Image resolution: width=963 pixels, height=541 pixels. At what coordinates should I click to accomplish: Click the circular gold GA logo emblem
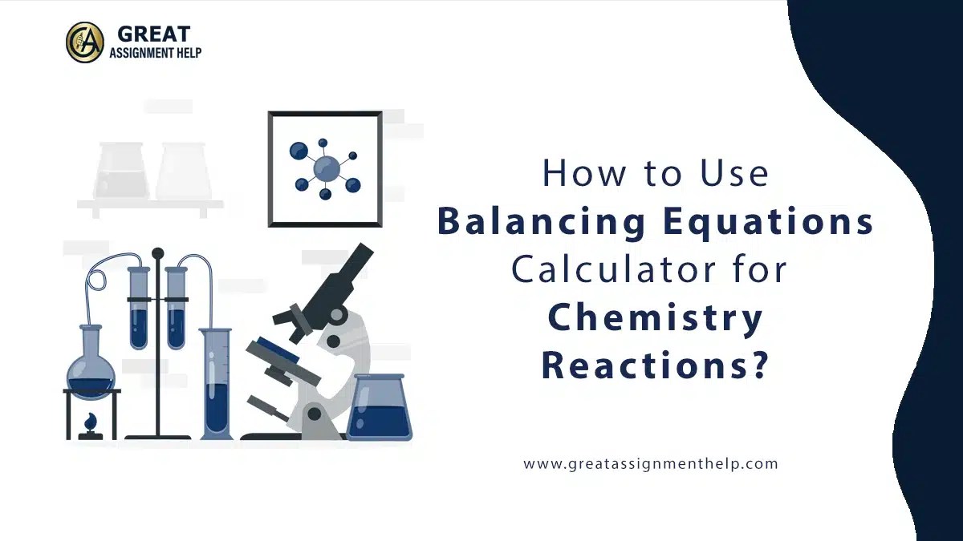[84, 42]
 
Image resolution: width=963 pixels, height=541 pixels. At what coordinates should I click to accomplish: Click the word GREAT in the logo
[154, 34]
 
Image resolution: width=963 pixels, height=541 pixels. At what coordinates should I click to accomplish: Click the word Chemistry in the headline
[655, 318]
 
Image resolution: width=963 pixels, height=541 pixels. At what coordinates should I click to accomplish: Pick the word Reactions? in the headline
[655, 365]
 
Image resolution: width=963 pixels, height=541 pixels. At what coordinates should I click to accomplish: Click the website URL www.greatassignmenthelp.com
[651, 463]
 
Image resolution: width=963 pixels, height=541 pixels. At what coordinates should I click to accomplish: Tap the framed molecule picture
[325, 169]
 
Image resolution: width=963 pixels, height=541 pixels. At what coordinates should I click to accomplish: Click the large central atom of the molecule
[326, 169]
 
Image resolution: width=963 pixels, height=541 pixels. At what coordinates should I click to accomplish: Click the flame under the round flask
[91, 420]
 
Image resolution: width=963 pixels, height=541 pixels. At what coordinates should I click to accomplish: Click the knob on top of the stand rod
[157, 253]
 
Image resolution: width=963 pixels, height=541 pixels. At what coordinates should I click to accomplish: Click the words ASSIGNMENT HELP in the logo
[155, 54]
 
